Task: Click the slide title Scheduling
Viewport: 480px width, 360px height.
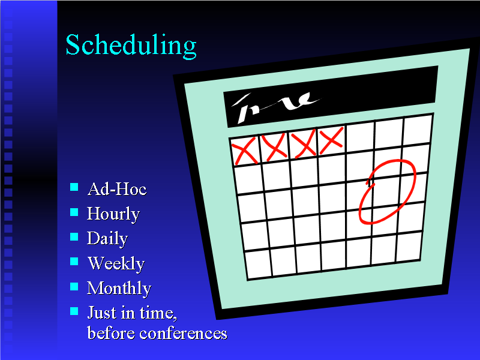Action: [131, 46]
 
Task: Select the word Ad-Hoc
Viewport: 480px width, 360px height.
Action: [117, 189]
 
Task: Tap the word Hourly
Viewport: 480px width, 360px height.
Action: [113, 214]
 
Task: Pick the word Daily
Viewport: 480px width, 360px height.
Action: [107, 238]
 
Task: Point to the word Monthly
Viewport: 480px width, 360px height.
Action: [119, 288]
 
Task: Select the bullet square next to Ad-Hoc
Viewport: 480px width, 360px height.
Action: [74, 188]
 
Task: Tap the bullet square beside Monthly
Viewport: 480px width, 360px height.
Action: [74, 287]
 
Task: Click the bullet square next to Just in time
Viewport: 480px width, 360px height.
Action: [74, 311]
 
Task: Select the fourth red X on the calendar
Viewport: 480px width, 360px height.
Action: [331, 140]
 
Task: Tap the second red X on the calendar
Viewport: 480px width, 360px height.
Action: [275, 148]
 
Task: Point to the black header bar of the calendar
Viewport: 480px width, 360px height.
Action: [372, 90]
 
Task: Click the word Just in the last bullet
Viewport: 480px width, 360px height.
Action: [101, 313]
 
